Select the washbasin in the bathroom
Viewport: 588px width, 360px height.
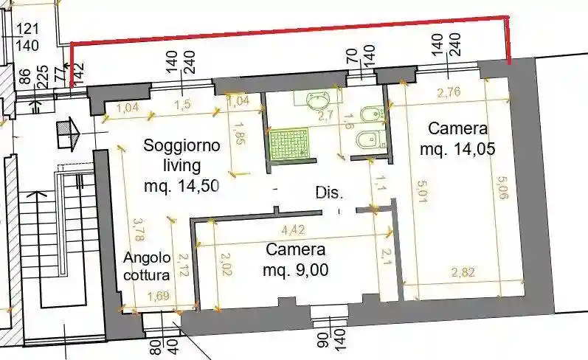[321, 100]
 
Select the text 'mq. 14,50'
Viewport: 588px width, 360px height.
[181, 186]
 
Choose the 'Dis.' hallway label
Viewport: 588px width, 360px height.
[329, 193]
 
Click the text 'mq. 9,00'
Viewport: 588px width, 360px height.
[296, 270]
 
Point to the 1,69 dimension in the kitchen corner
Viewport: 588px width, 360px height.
[156, 297]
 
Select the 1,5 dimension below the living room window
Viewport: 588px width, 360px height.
[184, 105]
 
